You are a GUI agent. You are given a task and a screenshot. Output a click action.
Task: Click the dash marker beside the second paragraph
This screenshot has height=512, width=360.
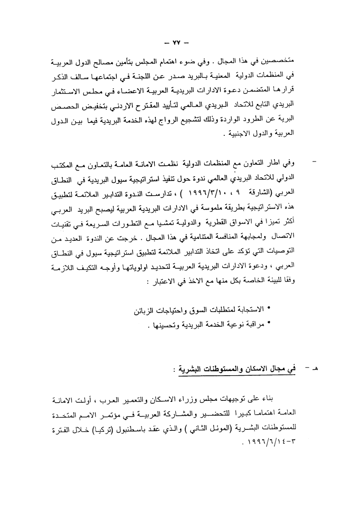(313, 164)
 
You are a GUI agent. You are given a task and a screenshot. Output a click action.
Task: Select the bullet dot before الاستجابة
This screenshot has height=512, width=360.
(269, 309)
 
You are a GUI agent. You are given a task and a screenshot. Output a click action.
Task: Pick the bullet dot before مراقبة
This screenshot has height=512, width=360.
(269, 324)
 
